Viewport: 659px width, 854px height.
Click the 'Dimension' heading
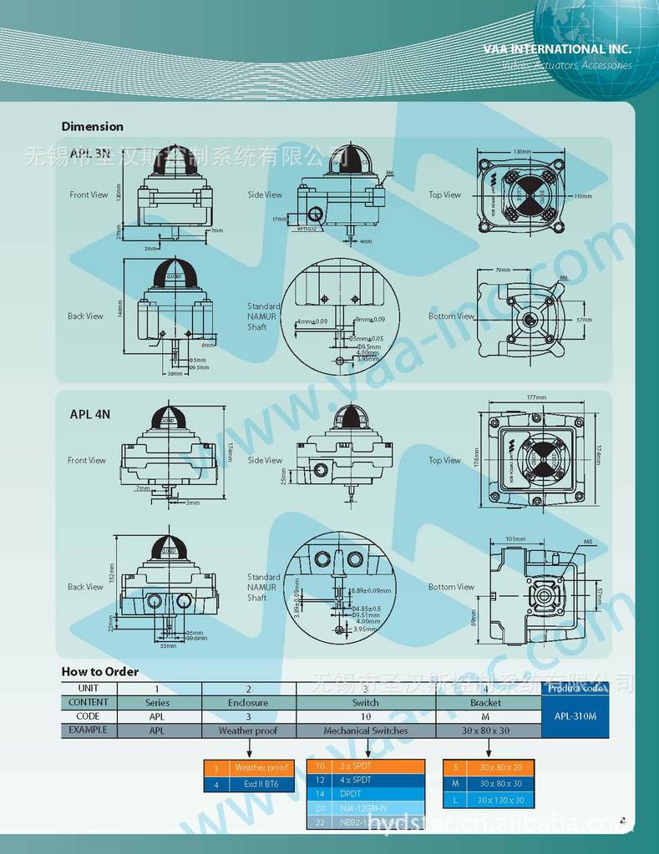pyautogui.click(x=92, y=127)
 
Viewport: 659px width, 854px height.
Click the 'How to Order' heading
pyautogui.click(x=99, y=672)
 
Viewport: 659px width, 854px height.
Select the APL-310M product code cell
pyautogui.click(x=575, y=716)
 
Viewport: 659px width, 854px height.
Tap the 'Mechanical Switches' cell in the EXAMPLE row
pyautogui.click(x=365, y=730)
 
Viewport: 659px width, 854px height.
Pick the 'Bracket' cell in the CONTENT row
pyautogui.click(x=485, y=703)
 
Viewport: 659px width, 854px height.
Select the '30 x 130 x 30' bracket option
pyautogui.click(x=500, y=800)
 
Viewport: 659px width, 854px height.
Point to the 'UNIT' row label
pyautogui.click(x=89, y=689)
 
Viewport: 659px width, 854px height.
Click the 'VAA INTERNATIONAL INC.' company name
pyautogui.click(x=557, y=49)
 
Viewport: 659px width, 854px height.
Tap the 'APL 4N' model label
pyautogui.click(x=90, y=414)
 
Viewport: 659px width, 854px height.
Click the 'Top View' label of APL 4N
pyautogui.click(x=444, y=460)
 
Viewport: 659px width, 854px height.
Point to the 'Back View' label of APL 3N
pyautogui.click(x=85, y=316)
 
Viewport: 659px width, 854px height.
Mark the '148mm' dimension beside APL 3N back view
pyautogui.click(x=120, y=308)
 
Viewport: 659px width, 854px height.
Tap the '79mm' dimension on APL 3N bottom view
pyautogui.click(x=503, y=270)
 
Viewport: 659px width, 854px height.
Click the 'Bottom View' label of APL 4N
pyautogui.click(x=451, y=587)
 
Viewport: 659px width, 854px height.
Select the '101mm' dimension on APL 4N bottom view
pyautogui.click(x=515, y=539)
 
